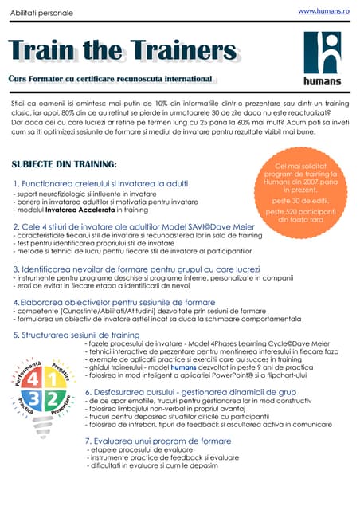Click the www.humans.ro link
point(323,12)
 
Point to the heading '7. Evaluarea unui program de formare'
point(158,441)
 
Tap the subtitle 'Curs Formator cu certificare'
point(110,80)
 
